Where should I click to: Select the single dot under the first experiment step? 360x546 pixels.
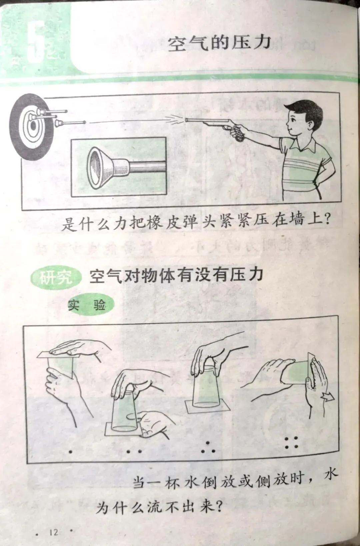point(70,452)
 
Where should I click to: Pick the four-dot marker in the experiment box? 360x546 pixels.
point(291,442)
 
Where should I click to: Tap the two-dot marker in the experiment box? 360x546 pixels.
point(134,451)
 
